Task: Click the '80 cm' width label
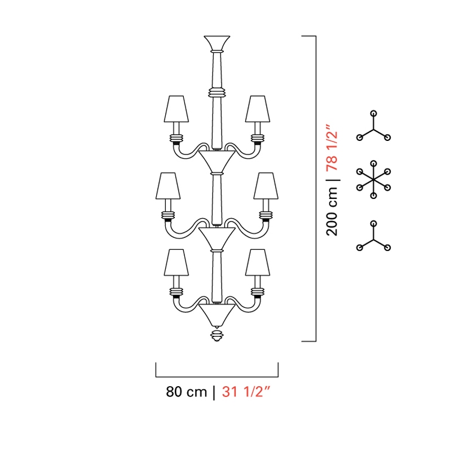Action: coord(186,391)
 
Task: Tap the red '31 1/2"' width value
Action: coord(246,391)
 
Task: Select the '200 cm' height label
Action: coord(331,211)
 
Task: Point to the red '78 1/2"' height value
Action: coord(331,148)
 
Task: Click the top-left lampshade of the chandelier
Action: coord(176,109)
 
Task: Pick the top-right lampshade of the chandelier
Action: coord(258,109)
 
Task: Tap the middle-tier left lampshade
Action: coord(168,186)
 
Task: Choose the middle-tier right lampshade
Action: coord(266,186)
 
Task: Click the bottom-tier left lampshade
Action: coord(176,262)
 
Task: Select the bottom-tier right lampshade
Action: coord(258,262)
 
